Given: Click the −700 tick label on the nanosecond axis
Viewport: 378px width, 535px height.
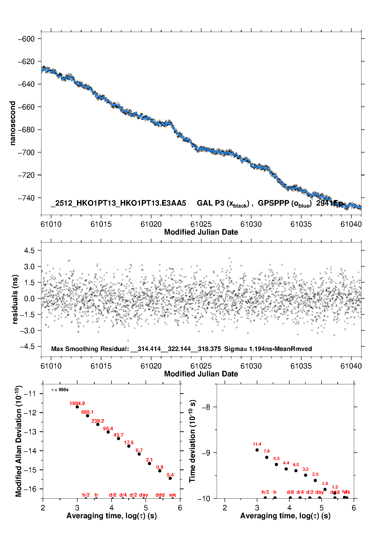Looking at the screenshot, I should pos(26,152).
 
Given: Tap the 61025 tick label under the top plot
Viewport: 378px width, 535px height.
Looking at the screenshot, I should pos(201,224).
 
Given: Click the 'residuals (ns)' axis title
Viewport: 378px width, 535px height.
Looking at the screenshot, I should pos(15,299).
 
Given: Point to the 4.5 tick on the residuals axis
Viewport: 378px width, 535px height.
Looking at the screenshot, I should pos(29,251).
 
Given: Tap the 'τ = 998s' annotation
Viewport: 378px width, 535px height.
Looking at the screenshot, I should pos(60,390).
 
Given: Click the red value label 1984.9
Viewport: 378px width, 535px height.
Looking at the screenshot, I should pos(77,403).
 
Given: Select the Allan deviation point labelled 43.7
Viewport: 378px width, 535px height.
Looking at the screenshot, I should pos(118,438).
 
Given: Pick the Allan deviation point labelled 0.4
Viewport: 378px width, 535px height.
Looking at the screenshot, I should pos(170,478).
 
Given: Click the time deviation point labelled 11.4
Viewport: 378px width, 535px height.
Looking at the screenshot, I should pos(257,450).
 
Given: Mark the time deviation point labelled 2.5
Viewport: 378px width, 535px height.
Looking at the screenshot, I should pos(315,480).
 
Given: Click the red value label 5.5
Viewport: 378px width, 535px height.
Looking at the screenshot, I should pos(276,458).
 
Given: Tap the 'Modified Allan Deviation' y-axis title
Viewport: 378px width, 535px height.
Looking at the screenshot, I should pos(19,441).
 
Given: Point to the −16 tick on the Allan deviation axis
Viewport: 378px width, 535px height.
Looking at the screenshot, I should pos(29,489).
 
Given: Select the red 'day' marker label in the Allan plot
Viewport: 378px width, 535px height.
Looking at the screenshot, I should pos(144,495).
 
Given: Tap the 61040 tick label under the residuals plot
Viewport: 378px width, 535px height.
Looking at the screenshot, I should pos(351,366).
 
